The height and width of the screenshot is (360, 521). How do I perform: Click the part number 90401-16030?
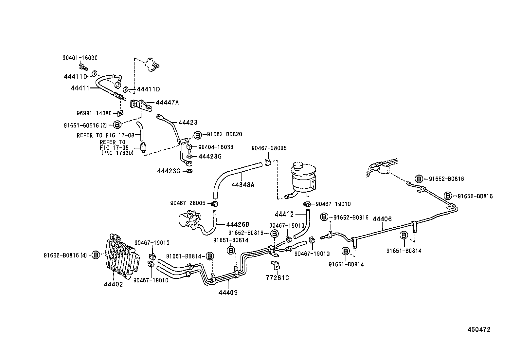click(80, 58)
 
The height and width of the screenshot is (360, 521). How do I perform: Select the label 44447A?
click(167, 102)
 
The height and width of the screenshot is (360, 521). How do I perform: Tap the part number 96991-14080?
click(94, 113)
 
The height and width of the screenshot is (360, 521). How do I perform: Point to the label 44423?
click(188, 123)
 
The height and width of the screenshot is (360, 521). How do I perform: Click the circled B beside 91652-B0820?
click(198, 135)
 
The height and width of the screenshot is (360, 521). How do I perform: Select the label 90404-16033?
click(216, 147)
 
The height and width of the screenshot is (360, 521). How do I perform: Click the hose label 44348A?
click(243, 185)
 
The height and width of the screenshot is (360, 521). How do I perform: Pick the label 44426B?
click(238, 224)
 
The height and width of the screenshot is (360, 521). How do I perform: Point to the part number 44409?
click(228, 293)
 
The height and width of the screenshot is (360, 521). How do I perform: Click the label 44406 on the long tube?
click(382, 219)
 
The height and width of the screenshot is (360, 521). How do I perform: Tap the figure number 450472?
click(478, 330)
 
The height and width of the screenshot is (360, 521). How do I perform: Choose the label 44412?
click(284, 215)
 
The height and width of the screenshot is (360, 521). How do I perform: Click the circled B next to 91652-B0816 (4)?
click(95, 255)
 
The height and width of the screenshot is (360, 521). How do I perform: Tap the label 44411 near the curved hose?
click(80, 88)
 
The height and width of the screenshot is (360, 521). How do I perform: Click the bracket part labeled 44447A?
click(142, 105)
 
